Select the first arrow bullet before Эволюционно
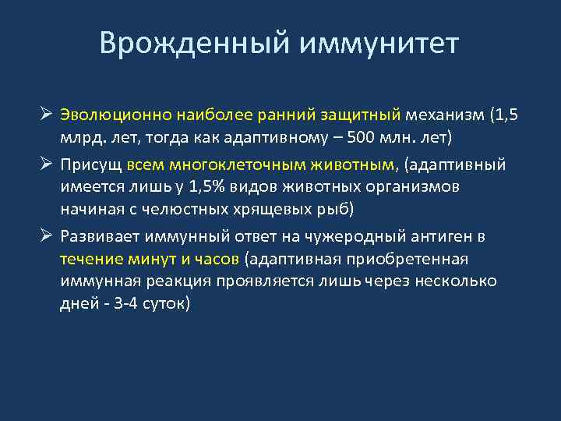(47, 116)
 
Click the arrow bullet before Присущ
(47, 165)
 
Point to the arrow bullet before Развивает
(47, 237)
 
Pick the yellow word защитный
(359, 116)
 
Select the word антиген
(443, 237)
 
